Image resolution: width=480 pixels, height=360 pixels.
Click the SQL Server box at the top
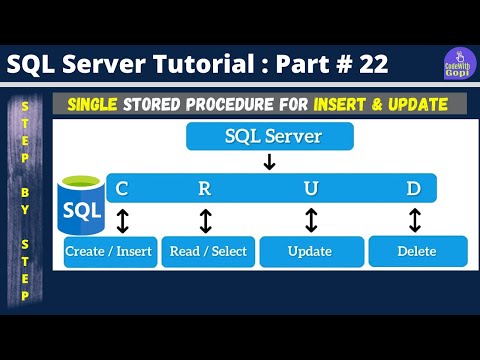[269, 136]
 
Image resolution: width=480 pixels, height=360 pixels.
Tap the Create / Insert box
[108, 251]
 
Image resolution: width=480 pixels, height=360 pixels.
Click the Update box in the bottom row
[310, 251]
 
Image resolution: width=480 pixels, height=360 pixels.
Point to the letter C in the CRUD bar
[122, 187]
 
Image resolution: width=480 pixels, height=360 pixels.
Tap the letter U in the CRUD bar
[312, 187]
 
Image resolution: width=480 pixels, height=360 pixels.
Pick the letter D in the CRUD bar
[412, 187]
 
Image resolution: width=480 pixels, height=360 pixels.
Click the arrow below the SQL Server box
[269, 162]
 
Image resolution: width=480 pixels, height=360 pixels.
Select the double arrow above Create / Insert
[122, 220]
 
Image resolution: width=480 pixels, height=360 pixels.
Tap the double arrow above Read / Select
[206, 220]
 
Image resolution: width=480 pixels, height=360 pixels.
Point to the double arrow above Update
[311, 220]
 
